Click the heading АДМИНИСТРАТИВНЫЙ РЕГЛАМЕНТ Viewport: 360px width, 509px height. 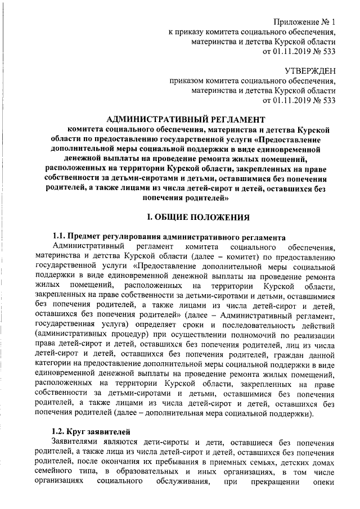point(185,119)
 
